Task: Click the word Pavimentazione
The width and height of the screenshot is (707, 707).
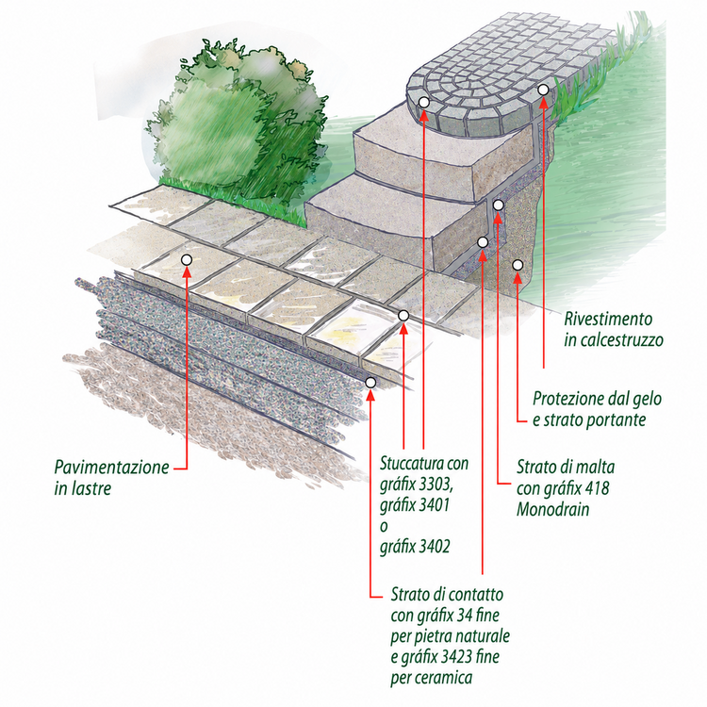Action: pyautogui.click(x=111, y=468)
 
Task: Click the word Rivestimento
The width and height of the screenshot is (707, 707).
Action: pyautogui.click(x=608, y=319)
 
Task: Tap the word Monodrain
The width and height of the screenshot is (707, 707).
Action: pyautogui.click(x=552, y=509)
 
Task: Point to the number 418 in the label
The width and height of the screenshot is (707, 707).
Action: pyautogui.click(x=597, y=488)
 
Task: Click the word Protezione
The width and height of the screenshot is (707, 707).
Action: pyautogui.click(x=568, y=399)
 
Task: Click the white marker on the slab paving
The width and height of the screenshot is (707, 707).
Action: pyautogui.click(x=187, y=260)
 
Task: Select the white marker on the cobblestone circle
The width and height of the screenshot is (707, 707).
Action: pyautogui.click(x=424, y=103)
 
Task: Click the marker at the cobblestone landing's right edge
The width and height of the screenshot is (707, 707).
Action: pyautogui.click(x=543, y=90)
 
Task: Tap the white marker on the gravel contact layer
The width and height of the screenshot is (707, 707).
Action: pyautogui.click(x=370, y=383)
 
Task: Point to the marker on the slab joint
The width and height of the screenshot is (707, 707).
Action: pyautogui.click(x=403, y=316)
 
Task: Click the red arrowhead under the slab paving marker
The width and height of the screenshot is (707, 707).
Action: pyautogui.click(x=187, y=271)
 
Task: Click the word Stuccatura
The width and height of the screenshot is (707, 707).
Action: pyautogui.click(x=412, y=463)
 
